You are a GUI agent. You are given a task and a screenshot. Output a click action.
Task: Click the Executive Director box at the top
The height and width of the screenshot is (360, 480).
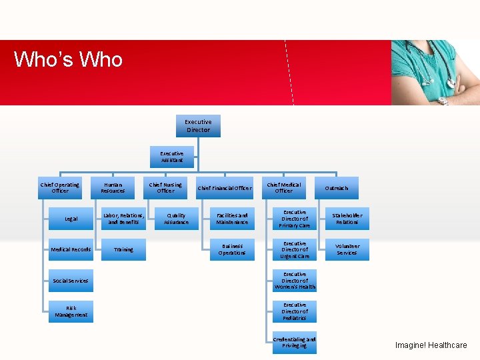pyautogui.click(x=198, y=126)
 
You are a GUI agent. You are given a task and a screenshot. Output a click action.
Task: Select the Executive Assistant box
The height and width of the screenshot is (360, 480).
pyautogui.click(x=172, y=157)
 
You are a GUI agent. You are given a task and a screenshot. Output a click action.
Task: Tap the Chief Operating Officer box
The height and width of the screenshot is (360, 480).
pyautogui.click(x=59, y=188)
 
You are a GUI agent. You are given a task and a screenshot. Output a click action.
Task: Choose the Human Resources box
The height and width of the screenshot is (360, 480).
pyautogui.click(x=113, y=188)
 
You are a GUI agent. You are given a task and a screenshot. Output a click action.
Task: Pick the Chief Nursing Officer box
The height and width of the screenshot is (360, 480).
pyautogui.click(x=165, y=188)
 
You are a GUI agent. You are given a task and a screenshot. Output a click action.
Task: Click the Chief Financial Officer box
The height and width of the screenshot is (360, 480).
pyautogui.click(x=225, y=188)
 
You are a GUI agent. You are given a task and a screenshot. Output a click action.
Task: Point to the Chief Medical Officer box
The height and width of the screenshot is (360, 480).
pyautogui.click(x=284, y=188)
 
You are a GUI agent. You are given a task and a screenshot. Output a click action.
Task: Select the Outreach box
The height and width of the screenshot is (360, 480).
pyautogui.click(x=337, y=188)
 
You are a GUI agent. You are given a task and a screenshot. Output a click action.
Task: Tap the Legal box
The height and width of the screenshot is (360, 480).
pyautogui.click(x=71, y=219)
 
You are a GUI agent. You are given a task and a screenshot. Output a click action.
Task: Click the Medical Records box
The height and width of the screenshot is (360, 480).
pyautogui.click(x=71, y=249)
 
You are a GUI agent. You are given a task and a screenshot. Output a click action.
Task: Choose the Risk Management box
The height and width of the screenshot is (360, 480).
pyautogui.click(x=71, y=311)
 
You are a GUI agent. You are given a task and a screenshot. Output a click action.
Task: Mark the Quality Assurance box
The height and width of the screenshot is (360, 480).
pyautogui.click(x=177, y=219)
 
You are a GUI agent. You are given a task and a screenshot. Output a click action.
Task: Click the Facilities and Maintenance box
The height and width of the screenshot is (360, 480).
pyautogui.click(x=232, y=219)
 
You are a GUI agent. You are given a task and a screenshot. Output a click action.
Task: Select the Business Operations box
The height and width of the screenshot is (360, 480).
pyautogui.click(x=232, y=249)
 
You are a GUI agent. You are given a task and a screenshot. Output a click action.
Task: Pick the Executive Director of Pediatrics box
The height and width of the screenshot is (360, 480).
pyautogui.click(x=295, y=311)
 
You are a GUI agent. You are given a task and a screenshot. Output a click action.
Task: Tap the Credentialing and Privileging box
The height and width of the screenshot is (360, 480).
pyautogui.click(x=295, y=343)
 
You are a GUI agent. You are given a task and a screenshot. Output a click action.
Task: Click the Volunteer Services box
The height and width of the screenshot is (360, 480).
pyautogui.click(x=347, y=249)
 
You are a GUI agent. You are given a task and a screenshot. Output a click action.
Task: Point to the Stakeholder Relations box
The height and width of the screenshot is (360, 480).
pyautogui.click(x=347, y=219)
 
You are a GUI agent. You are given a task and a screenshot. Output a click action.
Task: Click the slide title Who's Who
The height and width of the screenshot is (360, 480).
pyautogui.click(x=69, y=59)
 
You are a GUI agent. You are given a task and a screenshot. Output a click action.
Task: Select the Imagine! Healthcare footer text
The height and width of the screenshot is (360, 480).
pyautogui.click(x=431, y=345)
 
